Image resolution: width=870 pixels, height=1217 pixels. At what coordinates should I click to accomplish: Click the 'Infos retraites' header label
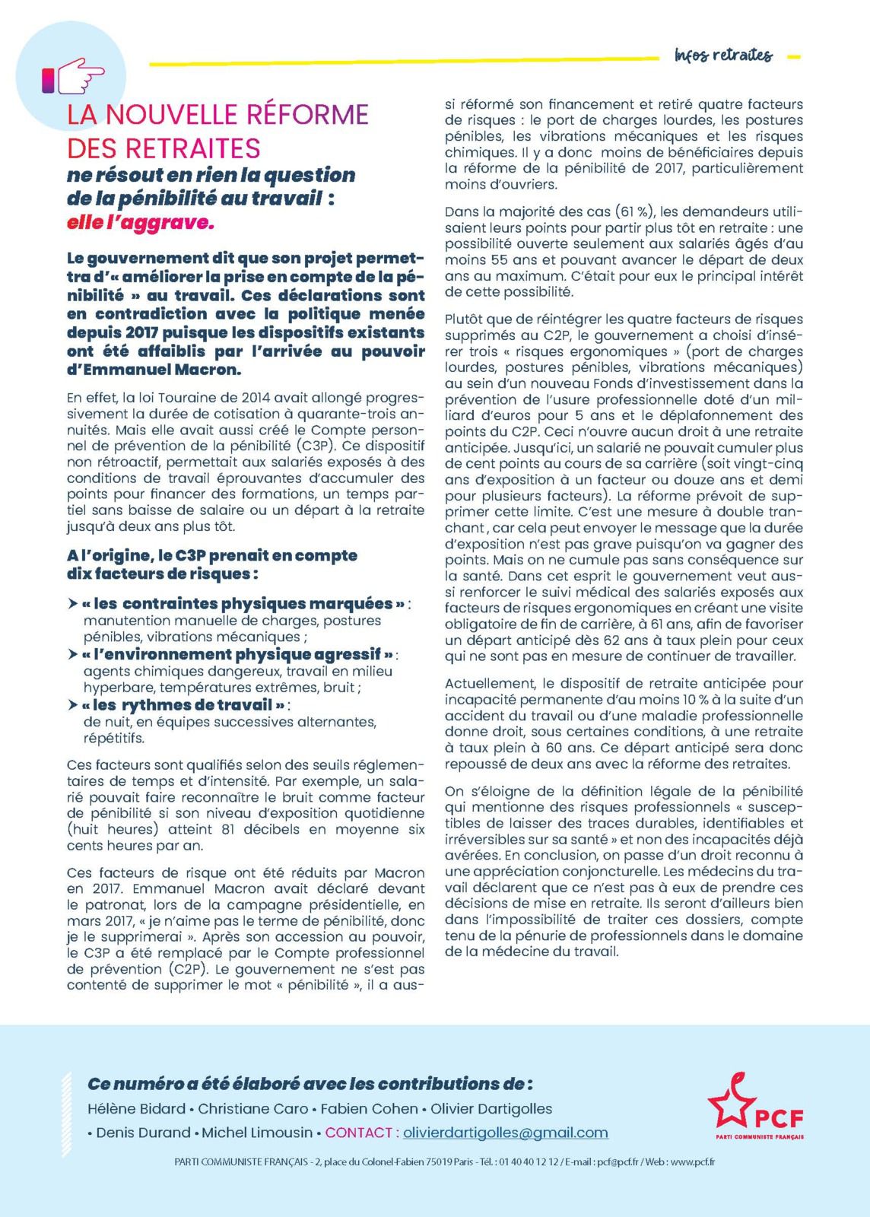tap(722, 56)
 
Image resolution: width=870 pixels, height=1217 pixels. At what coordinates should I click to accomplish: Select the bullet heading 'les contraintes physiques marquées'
tap(243, 604)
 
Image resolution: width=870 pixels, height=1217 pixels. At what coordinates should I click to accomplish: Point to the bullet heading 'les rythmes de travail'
tap(183, 705)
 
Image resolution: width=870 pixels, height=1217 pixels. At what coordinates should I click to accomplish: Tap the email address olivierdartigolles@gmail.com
tap(506, 1133)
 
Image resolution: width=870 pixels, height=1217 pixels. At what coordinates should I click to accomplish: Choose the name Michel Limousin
tap(257, 1133)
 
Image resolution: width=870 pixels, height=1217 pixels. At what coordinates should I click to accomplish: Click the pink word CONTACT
tap(359, 1133)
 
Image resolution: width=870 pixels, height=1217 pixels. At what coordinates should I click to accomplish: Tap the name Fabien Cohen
tap(369, 1109)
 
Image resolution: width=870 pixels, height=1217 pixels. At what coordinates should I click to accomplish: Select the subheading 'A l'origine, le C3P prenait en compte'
tap(212, 556)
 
